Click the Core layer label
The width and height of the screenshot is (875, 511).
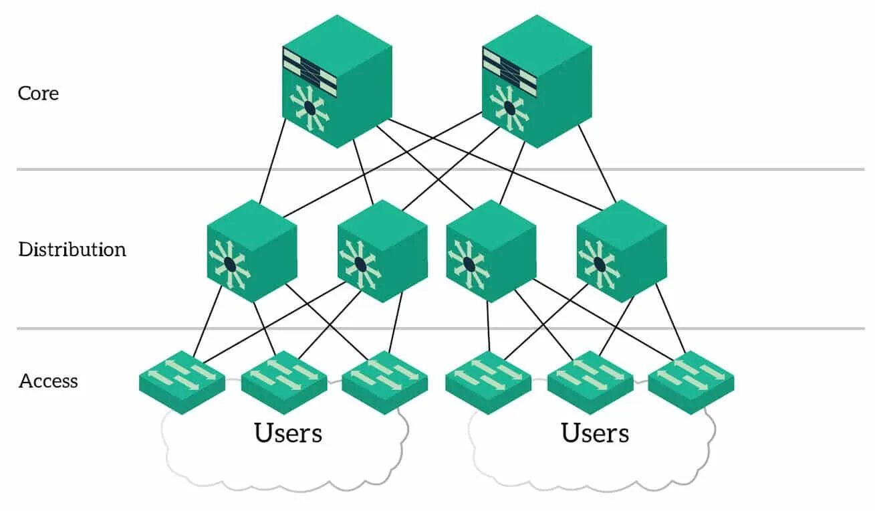(38, 94)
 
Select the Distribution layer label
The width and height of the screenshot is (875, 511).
(72, 249)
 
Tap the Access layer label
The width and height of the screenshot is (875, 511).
(48, 381)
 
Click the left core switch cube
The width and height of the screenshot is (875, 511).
(337, 82)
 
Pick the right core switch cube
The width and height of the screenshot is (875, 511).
(537, 82)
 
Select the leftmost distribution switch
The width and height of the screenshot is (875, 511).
(252, 251)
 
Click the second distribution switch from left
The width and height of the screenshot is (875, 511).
(382, 251)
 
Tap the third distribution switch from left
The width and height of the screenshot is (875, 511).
(491, 251)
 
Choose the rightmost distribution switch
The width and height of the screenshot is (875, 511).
(622, 251)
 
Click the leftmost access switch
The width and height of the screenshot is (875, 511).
(182, 383)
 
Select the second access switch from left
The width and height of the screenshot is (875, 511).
(284, 383)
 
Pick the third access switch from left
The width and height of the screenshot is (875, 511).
(385, 383)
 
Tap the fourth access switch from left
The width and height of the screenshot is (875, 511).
(488, 383)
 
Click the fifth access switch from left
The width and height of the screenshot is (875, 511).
(590, 383)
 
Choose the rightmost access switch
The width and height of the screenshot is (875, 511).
(691, 383)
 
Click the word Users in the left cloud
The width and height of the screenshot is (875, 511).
(288, 433)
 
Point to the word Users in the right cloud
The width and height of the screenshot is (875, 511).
(596, 433)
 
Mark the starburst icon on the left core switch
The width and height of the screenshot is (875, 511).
(309, 108)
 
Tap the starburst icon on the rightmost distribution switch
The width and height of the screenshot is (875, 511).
(599, 265)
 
